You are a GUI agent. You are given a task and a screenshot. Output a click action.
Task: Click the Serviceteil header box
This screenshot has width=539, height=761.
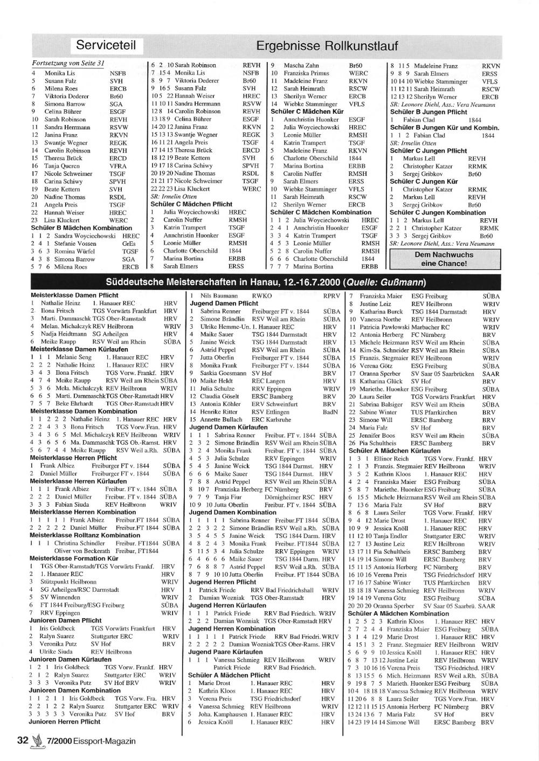click(x=106, y=45)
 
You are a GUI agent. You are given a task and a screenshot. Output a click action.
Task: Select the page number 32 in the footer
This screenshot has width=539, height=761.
click(x=22, y=741)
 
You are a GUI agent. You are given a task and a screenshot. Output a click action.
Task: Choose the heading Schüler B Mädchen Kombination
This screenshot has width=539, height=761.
click(x=81, y=228)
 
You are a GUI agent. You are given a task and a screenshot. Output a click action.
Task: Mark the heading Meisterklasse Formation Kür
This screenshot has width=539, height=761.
click(x=74, y=559)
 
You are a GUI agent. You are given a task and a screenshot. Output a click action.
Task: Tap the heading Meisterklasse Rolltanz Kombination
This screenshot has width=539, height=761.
click(x=85, y=535)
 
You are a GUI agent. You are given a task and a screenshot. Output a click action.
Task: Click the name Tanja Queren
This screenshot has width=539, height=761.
click(x=63, y=166)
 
